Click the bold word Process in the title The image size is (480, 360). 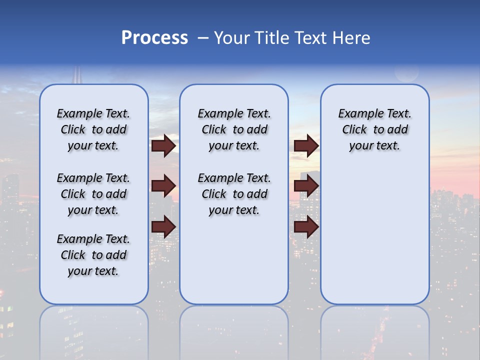click(154, 38)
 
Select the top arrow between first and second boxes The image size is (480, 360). click(163, 145)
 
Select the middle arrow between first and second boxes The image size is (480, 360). click(163, 186)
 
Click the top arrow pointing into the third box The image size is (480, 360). click(306, 145)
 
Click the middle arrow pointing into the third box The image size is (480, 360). click(306, 186)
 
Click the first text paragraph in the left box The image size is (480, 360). click(93, 129)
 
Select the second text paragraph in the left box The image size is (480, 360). click(93, 194)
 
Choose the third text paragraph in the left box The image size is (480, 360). click(93, 255)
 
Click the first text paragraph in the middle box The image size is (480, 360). click(234, 129)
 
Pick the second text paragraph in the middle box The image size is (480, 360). click(234, 194)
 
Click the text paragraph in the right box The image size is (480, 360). click(375, 129)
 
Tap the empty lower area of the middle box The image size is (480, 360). click(234, 260)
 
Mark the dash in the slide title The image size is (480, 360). click(203, 38)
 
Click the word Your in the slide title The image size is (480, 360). click(232, 38)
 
